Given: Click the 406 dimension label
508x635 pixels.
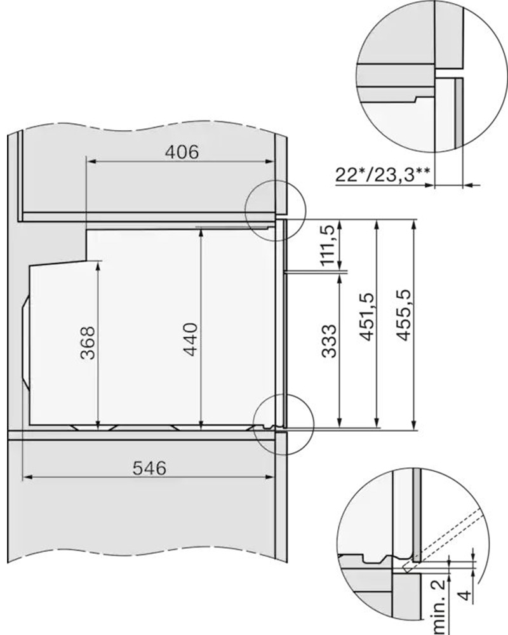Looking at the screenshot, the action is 182,152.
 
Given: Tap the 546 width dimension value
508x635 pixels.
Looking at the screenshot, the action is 149,468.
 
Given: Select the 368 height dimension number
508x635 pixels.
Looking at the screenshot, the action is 88,343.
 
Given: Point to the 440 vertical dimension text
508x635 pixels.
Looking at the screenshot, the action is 190,339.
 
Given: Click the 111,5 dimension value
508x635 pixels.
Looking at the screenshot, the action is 328,245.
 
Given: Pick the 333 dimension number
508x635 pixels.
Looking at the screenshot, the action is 329,341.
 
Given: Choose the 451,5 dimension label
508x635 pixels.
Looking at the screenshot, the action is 366,317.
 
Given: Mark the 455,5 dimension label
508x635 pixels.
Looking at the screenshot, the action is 403,315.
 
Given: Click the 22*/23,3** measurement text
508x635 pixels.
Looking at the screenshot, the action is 382,175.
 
